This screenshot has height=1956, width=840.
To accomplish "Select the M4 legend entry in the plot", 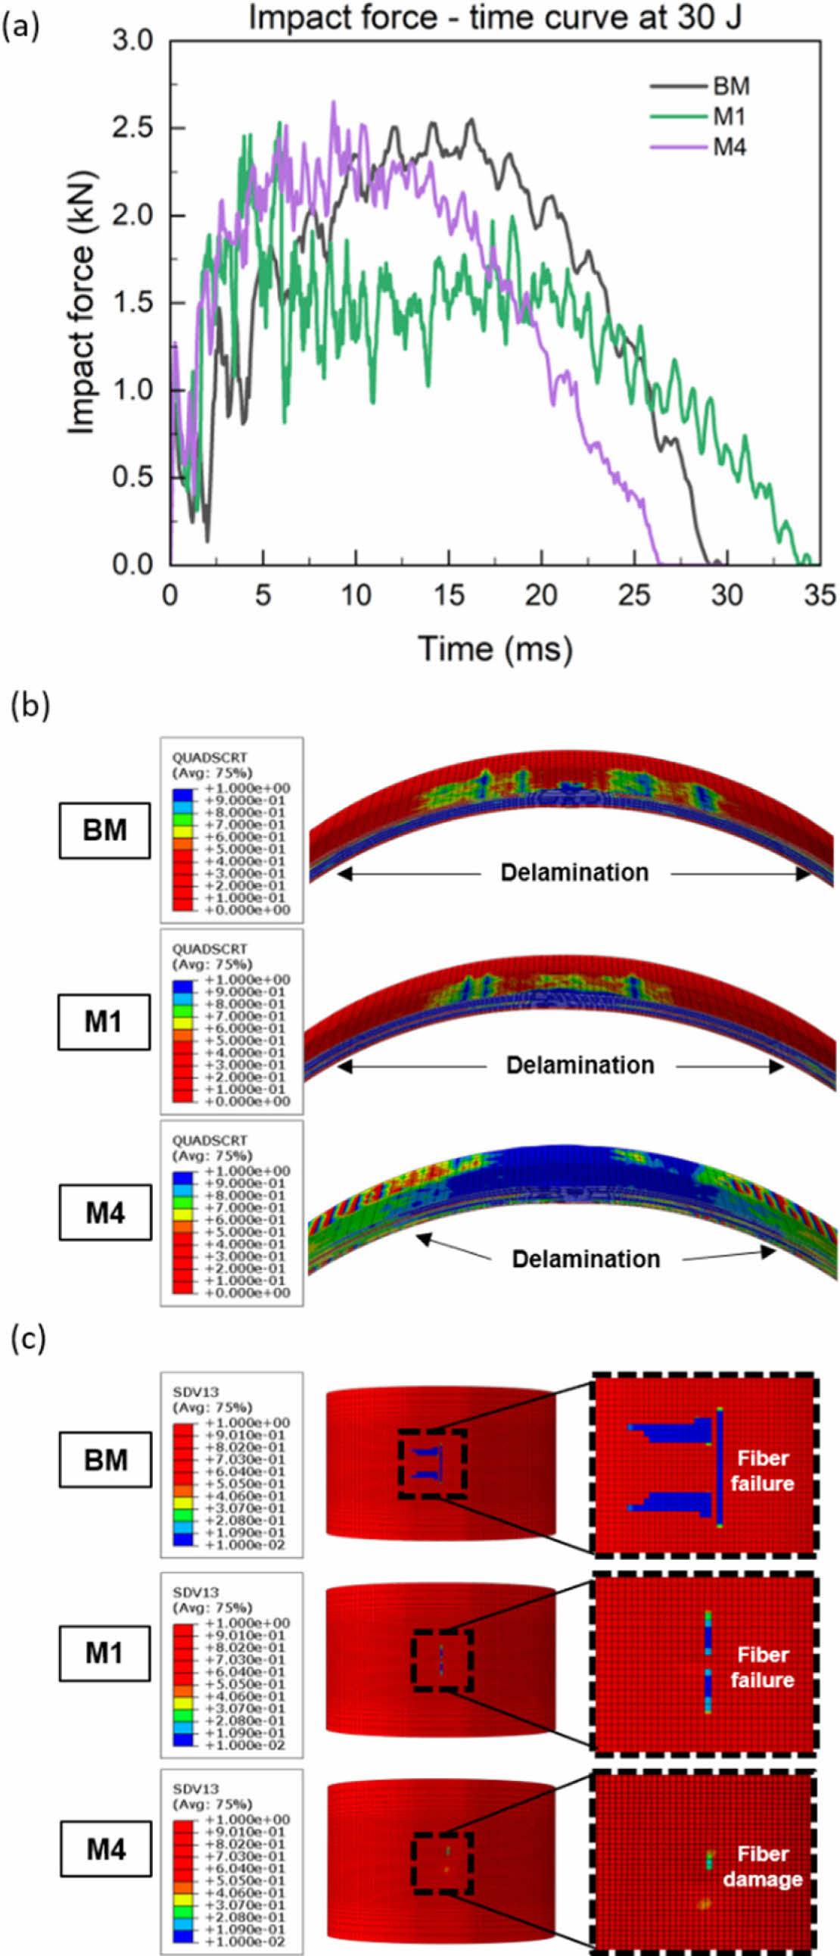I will [730, 147].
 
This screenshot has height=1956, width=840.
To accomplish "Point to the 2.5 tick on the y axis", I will [133, 127].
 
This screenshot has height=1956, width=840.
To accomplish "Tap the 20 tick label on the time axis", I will [541, 596].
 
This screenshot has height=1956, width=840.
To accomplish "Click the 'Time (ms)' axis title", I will [495, 650].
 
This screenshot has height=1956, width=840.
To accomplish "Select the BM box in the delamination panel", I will [104, 830].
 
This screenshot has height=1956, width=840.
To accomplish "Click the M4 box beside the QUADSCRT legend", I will [105, 1212].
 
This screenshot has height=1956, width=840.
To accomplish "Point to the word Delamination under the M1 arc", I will [580, 1065].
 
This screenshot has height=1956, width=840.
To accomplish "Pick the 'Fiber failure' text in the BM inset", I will [763, 1471].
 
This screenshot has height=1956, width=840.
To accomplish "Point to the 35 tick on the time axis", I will [820, 596].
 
